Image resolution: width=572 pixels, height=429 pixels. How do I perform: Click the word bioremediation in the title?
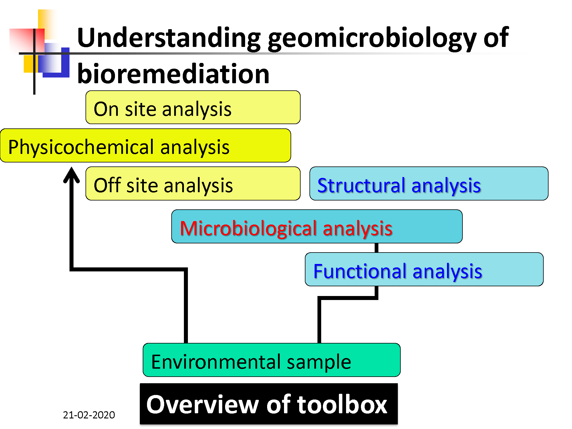coord(173,74)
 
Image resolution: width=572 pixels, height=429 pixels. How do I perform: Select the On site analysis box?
coord(193,107)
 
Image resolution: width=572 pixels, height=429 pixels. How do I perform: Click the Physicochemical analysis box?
coord(146,145)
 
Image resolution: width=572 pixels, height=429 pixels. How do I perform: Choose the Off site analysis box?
coord(193,183)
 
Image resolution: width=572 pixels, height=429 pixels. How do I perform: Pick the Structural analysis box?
coord(429,183)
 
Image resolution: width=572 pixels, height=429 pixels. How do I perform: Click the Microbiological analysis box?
coord(317,226)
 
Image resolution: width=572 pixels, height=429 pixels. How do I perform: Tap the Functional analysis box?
coord(424,269)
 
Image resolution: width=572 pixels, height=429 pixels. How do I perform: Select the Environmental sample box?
coord(272,360)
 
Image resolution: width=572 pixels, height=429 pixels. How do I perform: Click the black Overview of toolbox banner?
coord(269,404)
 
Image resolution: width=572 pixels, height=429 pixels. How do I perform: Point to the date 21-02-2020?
coord(89,415)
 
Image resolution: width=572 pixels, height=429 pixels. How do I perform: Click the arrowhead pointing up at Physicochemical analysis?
coord(71,174)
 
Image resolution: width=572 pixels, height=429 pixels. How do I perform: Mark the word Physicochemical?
coord(81,147)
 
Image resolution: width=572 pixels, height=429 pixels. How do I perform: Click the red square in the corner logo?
coord(27,40)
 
